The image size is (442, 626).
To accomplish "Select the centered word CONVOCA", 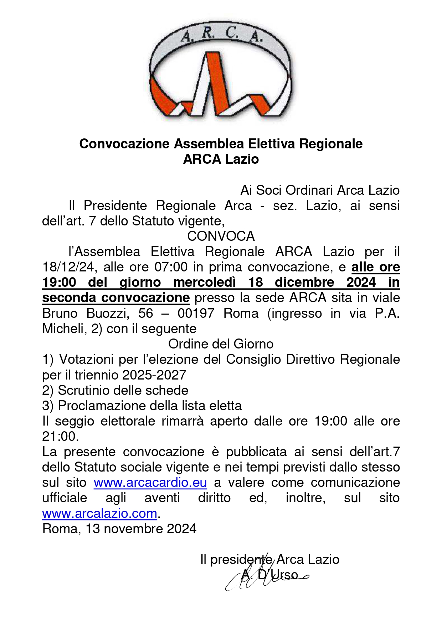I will coord(221,236).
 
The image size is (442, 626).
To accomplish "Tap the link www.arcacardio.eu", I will coord(150,483).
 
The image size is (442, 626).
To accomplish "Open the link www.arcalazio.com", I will coord(99,513).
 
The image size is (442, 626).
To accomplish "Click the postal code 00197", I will coord(196,313).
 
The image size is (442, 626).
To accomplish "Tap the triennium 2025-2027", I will coord(154,375).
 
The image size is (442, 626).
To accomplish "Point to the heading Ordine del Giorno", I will coord(221,344).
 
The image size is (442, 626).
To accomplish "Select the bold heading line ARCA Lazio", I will coord(221,159).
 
